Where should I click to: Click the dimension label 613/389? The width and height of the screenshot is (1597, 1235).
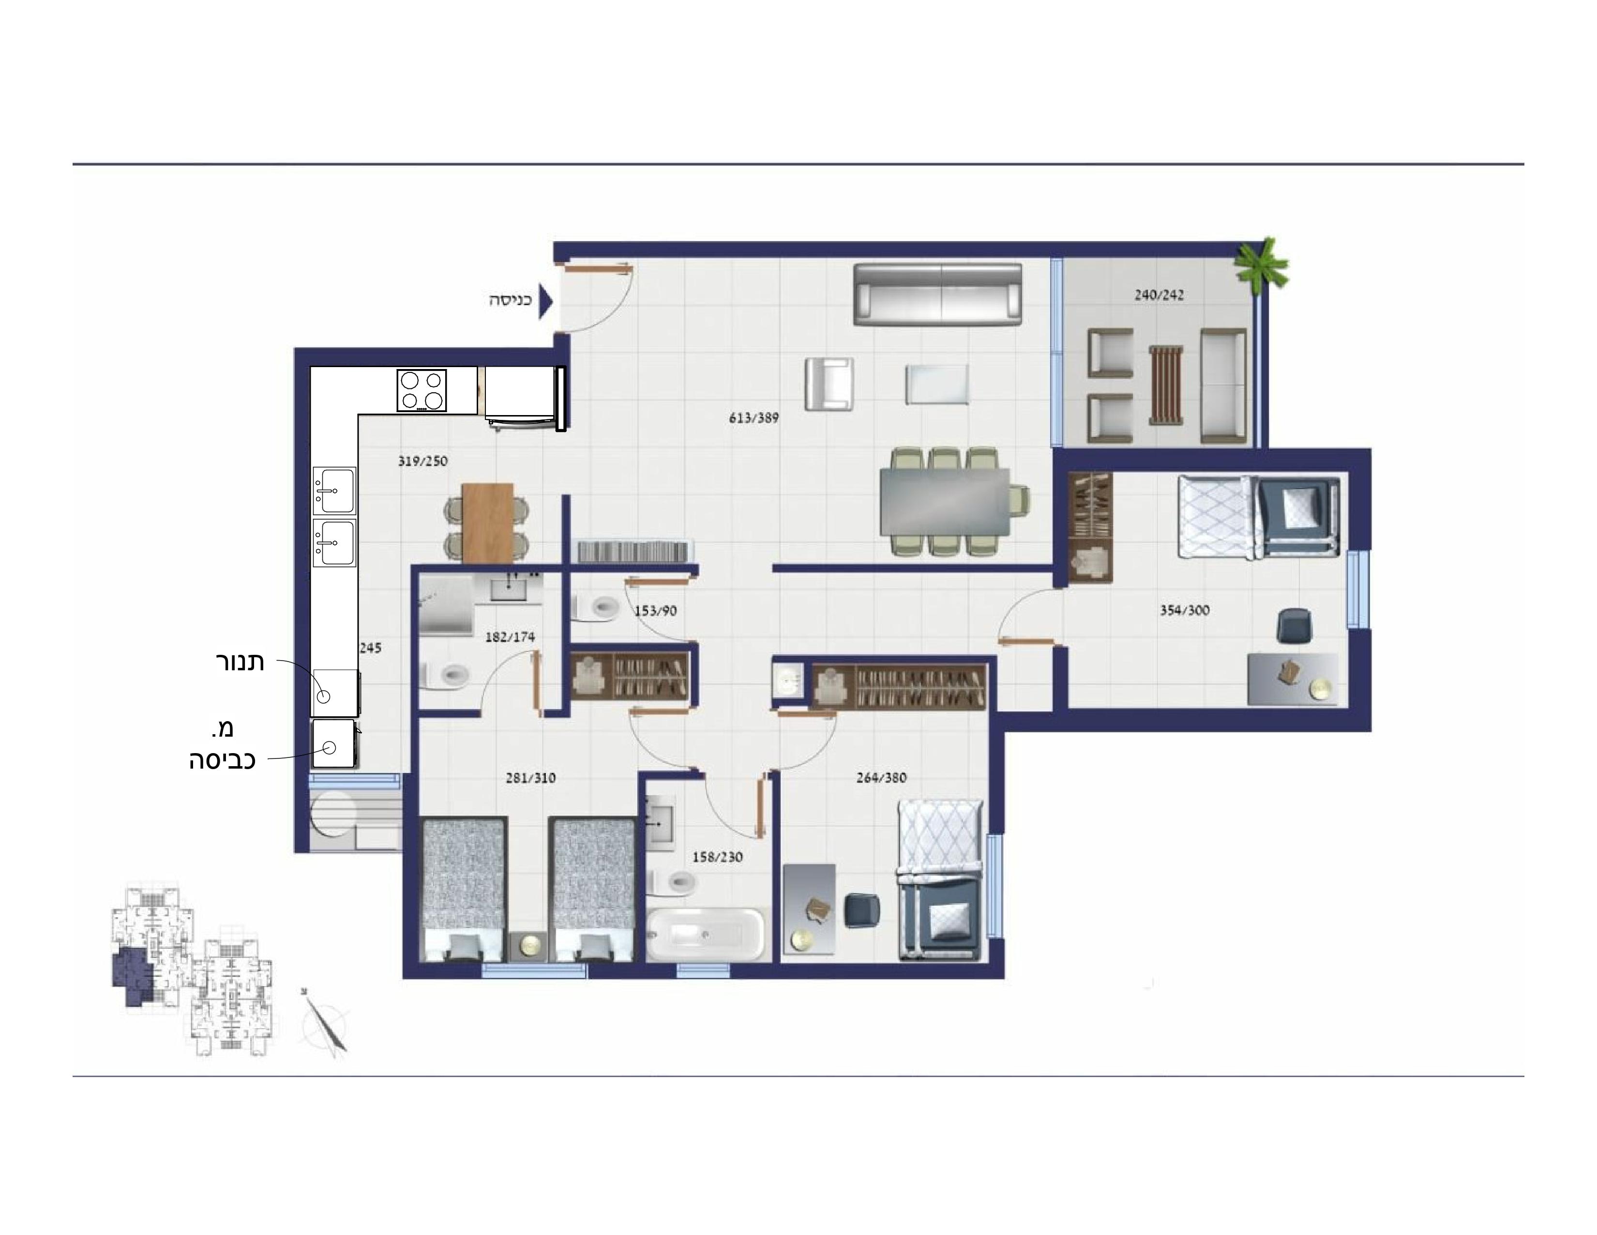[x=754, y=418]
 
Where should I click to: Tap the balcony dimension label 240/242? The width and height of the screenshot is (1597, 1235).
[x=1159, y=295]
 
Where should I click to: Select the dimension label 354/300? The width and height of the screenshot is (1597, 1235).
[x=1185, y=610]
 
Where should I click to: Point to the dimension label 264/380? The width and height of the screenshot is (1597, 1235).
[x=881, y=778]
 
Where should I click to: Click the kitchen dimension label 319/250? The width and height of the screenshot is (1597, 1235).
[x=422, y=462]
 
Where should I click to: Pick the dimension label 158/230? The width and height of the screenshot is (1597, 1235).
[x=717, y=857]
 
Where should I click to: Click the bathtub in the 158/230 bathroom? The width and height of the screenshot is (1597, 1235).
[x=706, y=934]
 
